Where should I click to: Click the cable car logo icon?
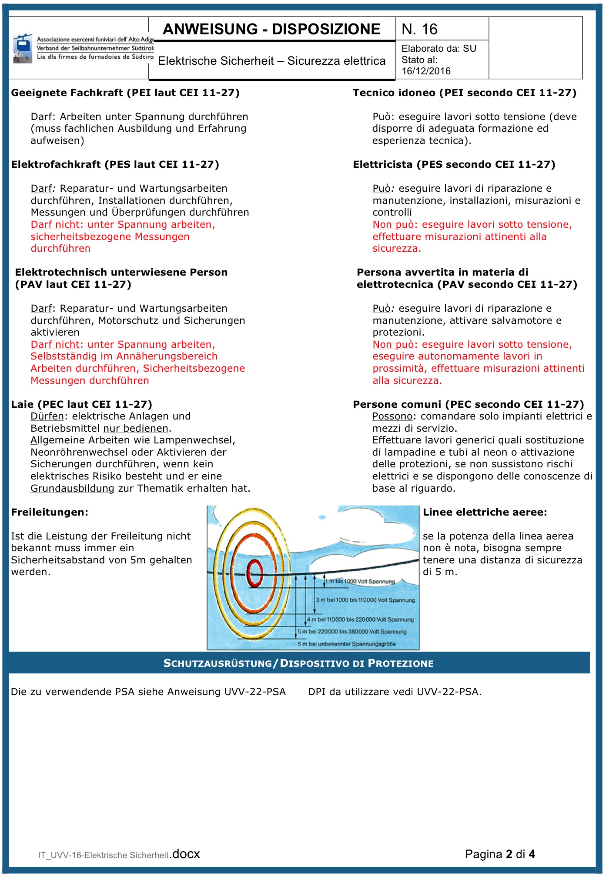click(22, 48)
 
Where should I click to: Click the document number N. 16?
click(419, 29)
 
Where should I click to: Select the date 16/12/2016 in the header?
click(426, 71)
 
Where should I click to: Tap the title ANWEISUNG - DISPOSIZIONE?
click(271, 29)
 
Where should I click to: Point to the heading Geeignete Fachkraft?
click(125, 93)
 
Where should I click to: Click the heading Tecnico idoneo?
click(464, 93)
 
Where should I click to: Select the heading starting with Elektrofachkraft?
click(115, 164)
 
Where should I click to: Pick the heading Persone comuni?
click(468, 404)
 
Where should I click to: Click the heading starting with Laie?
click(81, 404)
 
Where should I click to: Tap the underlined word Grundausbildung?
click(72, 488)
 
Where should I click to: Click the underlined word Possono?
click(392, 416)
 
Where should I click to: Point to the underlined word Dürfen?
click(47, 416)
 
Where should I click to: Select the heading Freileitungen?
click(50, 512)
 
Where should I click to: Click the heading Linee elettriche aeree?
click(485, 512)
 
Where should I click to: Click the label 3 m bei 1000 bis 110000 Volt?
click(365, 600)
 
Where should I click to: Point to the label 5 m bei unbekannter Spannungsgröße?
click(346, 644)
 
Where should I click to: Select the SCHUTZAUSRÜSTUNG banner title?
click(298, 663)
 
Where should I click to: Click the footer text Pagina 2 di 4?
click(499, 854)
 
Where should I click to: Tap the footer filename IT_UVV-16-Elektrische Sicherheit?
click(104, 855)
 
